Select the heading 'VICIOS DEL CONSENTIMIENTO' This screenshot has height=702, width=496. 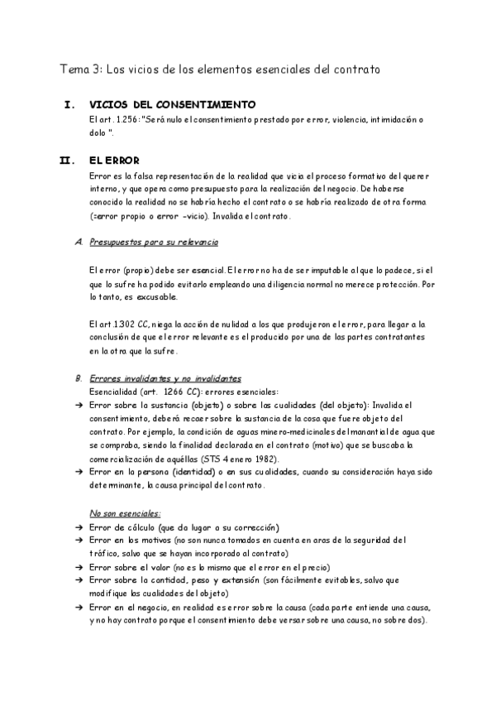(x=172, y=105)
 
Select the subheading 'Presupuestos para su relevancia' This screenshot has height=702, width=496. (x=153, y=243)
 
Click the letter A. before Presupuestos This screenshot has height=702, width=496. (x=78, y=243)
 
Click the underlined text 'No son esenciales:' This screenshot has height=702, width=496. (x=125, y=513)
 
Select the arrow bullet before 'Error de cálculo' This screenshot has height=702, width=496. (x=78, y=528)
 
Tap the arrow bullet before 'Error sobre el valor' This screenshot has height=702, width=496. (x=78, y=568)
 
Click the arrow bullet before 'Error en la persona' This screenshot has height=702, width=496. (x=78, y=472)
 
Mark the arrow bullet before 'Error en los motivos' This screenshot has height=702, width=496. (x=78, y=541)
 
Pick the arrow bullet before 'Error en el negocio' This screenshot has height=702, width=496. (x=78, y=608)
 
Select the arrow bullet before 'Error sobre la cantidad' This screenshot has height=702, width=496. (x=78, y=581)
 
